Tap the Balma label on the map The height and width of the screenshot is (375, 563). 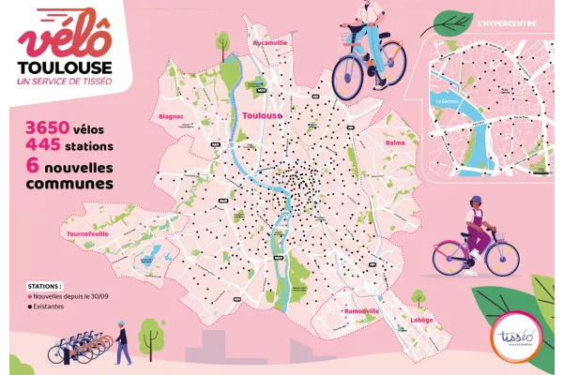[x=395, y=143]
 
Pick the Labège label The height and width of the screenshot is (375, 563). [x=423, y=320]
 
